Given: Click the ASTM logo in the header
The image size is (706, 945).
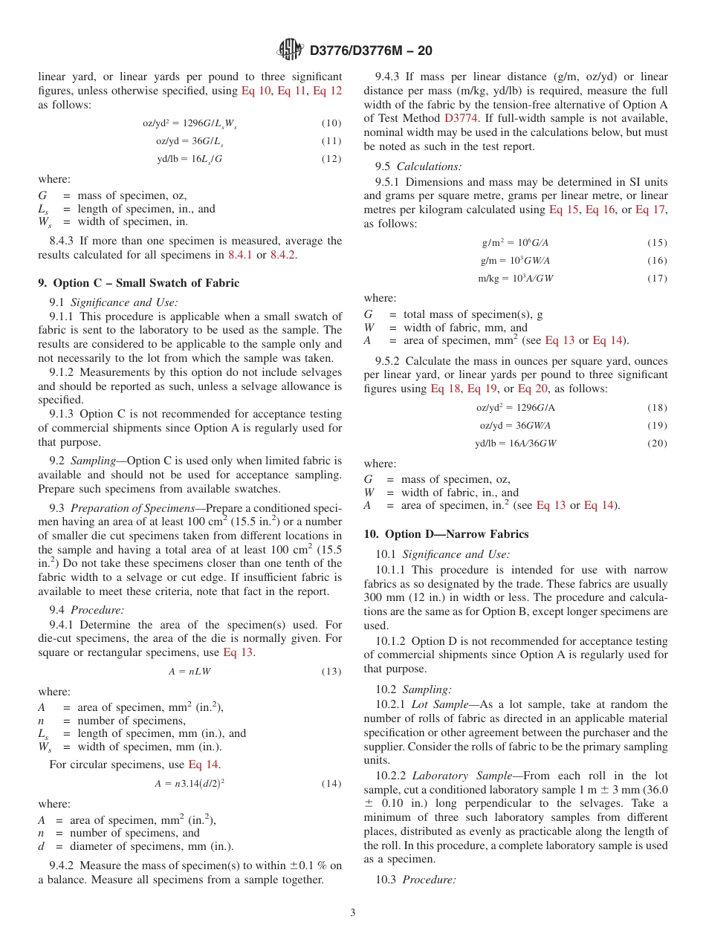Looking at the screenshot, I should pos(290,50).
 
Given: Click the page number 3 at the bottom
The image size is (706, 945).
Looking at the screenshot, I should pos(353,912).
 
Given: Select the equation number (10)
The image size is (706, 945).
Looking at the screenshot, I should pos(331,123).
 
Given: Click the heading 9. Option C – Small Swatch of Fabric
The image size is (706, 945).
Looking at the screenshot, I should pos(139,283).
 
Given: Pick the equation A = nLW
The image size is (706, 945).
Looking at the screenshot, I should pos(190,672).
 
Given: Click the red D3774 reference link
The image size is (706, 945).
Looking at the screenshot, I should pos(462,117).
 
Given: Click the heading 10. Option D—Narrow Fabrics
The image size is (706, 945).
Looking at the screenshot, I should pos(446,534).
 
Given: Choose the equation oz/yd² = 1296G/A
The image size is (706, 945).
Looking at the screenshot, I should pos(516,408).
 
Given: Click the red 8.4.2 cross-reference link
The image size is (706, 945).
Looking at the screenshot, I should pos(283,255).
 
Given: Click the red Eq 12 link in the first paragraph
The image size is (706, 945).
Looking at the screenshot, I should pos(327,91).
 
